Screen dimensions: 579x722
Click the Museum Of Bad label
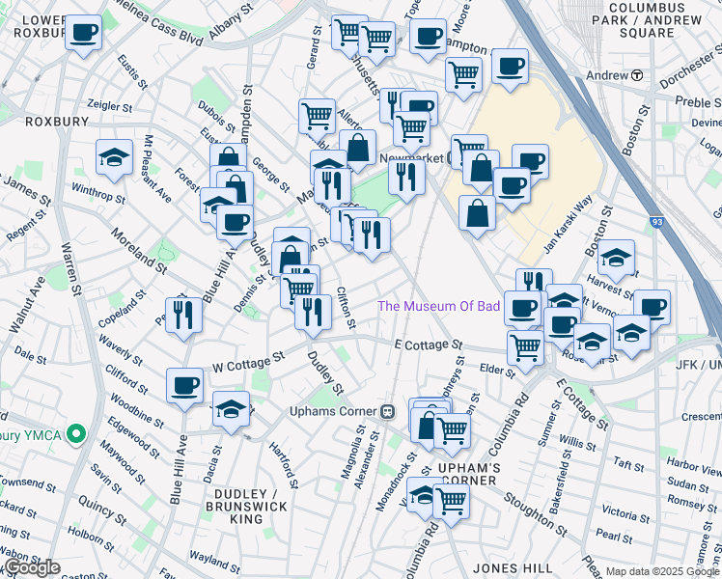pos(438,306)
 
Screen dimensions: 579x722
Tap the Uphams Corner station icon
pos(388,411)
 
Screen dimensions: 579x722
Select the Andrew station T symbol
pos(637,75)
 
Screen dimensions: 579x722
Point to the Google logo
pos(32,567)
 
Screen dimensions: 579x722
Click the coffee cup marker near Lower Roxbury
pos(84,34)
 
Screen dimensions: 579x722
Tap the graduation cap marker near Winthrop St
pos(114,157)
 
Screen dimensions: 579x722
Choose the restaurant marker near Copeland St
pos(183,314)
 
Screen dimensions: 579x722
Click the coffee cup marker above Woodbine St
pos(184,386)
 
